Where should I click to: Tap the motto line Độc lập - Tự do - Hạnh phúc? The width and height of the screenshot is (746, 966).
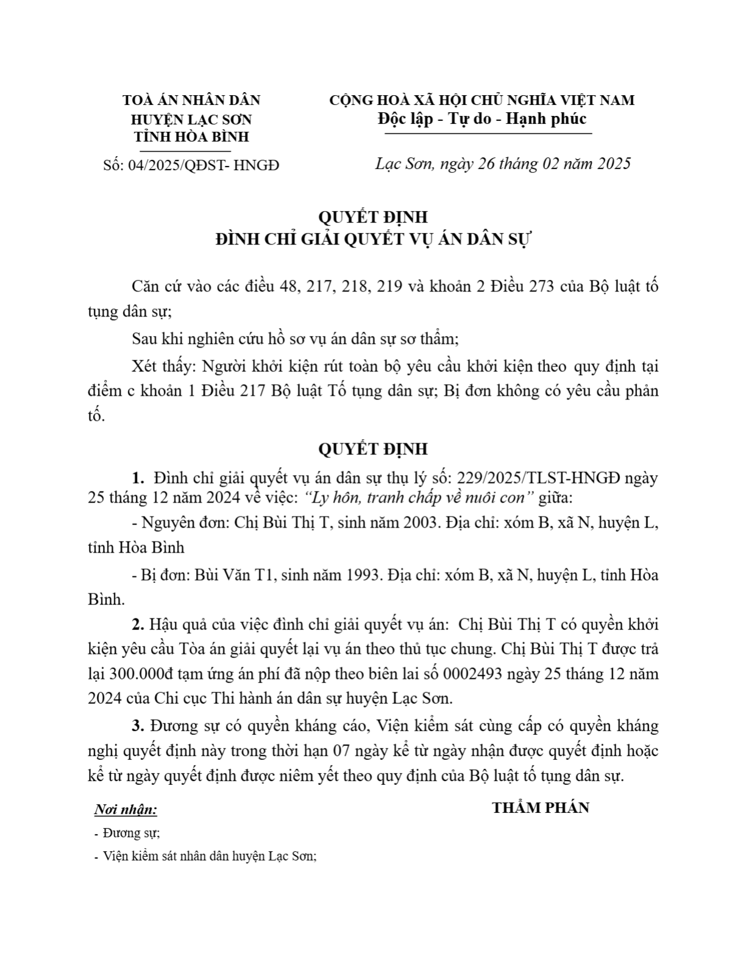pyautogui.click(x=481, y=118)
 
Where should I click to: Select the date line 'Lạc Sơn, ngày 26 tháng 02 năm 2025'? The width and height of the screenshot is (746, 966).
pyautogui.click(x=502, y=163)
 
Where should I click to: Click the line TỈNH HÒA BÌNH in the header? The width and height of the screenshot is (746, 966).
pyautogui.click(x=191, y=137)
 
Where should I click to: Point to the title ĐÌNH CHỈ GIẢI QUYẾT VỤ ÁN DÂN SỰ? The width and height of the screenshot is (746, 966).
pyautogui.click(x=373, y=239)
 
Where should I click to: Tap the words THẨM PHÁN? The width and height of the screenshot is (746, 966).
pyautogui.click(x=541, y=808)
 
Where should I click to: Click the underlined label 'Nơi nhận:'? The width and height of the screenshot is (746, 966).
pyautogui.click(x=126, y=810)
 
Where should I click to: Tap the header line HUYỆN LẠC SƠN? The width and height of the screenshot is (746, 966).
pyautogui.click(x=191, y=119)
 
